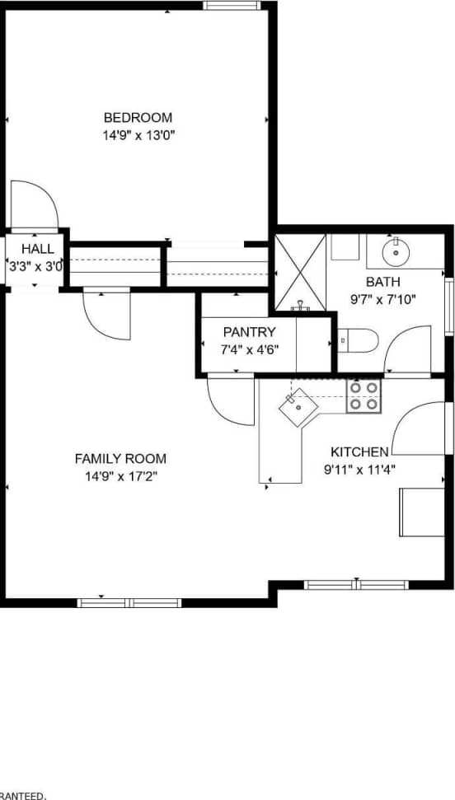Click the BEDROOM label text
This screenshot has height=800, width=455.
pos(138,117)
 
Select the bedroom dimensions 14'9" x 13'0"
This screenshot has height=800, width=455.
pos(138,133)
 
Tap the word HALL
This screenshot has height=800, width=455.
pos(38,249)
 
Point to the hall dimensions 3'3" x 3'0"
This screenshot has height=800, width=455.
pos(35,266)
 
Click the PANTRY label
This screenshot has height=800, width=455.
pos(249,332)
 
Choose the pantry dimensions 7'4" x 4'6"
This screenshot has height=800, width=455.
pos(250,349)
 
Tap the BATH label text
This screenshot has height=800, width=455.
pos(383,282)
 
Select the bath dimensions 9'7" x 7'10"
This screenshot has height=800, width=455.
pos(383,299)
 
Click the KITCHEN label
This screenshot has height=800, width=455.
pos(359,451)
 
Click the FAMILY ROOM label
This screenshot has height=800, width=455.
pos(120,459)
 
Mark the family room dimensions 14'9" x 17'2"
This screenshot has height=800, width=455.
pos(120,476)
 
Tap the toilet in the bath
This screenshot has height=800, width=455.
pos(359,339)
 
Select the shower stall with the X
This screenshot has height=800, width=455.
pos(300,272)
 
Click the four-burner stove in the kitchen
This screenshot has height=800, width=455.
pos(364,395)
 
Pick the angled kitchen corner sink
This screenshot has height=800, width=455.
pos(295,406)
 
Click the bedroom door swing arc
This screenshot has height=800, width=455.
pos(34,203)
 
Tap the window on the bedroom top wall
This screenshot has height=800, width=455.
pos(232,6)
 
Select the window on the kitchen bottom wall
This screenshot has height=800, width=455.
pos(356,585)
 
